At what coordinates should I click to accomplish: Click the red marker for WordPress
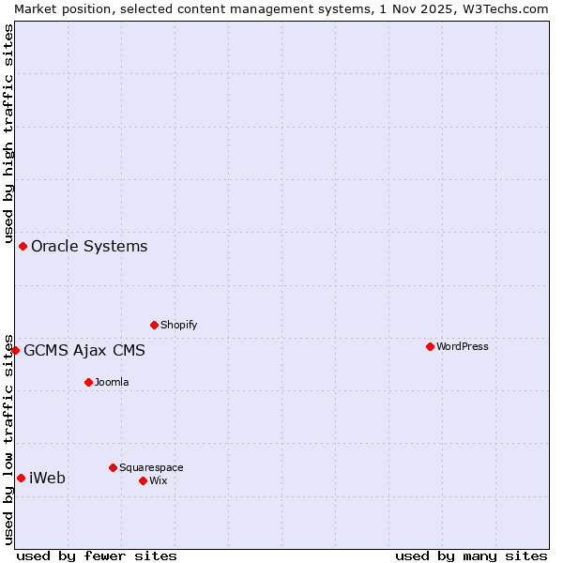pyautogui.click(x=430, y=346)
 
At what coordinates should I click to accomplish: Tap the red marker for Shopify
pyautogui.click(x=154, y=325)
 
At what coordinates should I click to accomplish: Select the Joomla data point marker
pyautogui.click(x=88, y=382)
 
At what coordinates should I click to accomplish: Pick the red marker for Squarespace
pyautogui.click(x=113, y=467)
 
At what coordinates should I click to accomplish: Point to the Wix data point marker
pyautogui.click(x=143, y=480)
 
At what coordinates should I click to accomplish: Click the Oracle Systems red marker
pyautogui.click(x=23, y=246)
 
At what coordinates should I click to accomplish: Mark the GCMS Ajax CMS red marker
pyautogui.click(x=15, y=350)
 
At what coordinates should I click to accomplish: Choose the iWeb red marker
pyautogui.click(x=21, y=478)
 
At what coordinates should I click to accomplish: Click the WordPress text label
pyautogui.click(x=463, y=346)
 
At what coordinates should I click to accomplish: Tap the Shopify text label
pyautogui.click(x=178, y=325)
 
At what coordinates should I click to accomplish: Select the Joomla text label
pyautogui.click(x=112, y=382)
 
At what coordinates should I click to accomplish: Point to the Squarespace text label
pyautogui.click(x=151, y=467)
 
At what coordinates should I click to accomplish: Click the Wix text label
pyautogui.click(x=158, y=480)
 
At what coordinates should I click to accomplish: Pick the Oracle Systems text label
pyautogui.click(x=89, y=246)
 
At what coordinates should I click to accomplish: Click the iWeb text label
pyautogui.click(x=48, y=478)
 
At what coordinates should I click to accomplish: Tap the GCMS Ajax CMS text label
pyautogui.click(x=84, y=351)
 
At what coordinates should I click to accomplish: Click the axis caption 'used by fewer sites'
pyautogui.click(x=97, y=555)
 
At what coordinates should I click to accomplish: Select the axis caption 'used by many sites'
pyautogui.click(x=471, y=555)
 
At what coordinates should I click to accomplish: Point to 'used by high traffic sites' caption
pyautogui.click(x=8, y=131)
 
